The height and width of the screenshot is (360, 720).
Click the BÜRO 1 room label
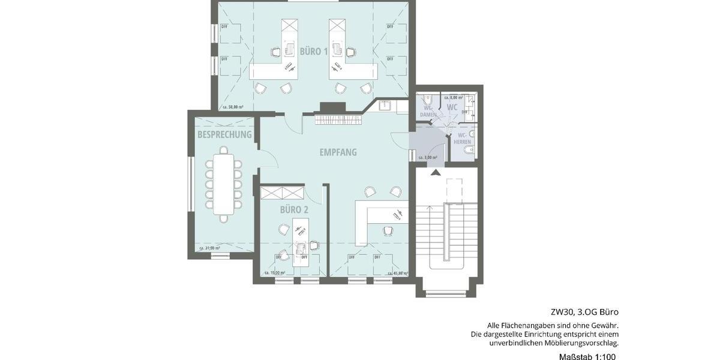314,52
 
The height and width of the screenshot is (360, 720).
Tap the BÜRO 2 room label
294,209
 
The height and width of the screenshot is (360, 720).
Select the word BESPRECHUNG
224,134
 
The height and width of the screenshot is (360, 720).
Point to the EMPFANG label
338,152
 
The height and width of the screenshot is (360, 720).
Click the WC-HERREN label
462,139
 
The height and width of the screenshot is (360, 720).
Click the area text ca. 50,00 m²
233,107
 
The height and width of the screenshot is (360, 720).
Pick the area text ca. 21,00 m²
209,248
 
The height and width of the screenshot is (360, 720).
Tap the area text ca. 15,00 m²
274,272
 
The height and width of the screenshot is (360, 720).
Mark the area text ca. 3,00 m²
427,157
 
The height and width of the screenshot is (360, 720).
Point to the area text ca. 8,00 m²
453,97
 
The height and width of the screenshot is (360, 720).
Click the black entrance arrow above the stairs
436,173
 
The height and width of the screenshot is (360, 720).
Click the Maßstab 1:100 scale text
584,356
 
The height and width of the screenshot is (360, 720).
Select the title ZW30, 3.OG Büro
584,312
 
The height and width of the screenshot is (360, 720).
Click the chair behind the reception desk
388,230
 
